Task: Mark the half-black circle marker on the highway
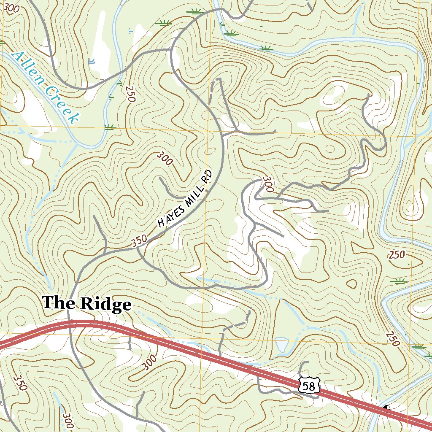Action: pos(387,408)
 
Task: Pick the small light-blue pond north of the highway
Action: pos(281,345)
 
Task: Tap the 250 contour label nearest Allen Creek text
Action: pos(129,93)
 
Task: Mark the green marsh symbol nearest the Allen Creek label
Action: pos(110,126)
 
